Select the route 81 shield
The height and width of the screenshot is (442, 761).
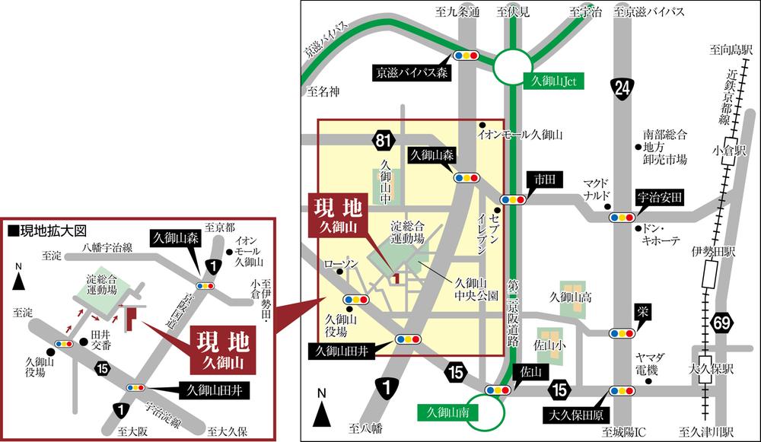[384, 140]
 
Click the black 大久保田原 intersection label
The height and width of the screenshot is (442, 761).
[577, 415]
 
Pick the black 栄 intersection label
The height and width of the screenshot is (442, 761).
[643, 312]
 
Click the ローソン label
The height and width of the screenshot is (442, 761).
[340, 264]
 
